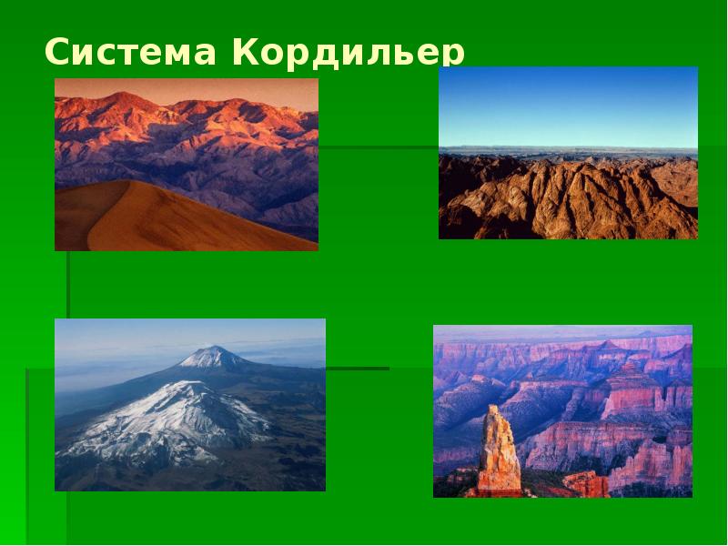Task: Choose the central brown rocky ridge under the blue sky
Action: [x=564, y=196]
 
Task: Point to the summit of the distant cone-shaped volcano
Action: [x=211, y=348]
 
